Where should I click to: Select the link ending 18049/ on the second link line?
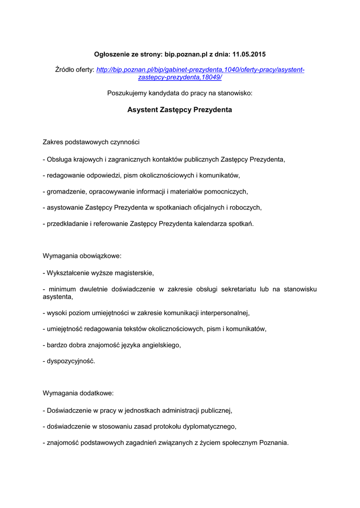(x=180, y=78)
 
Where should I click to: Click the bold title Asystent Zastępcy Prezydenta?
(x=180, y=110)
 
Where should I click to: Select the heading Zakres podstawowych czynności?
(x=91, y=142)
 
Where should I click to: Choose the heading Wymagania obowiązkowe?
(x=82, y=256)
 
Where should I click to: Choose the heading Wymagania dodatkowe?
(x=78, y=393)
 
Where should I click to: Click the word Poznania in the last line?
(x=273, y=442)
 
